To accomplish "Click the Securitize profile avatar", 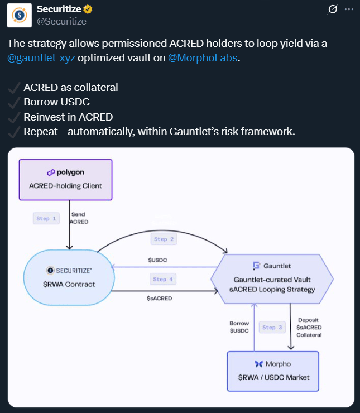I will [x=19, y=15].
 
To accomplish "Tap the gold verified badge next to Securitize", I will [x=88, y=9].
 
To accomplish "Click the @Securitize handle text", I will [x=61, y=21].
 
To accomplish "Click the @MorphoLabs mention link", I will [x=203, y=58].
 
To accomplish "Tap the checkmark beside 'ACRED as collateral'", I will [x=14, y=88].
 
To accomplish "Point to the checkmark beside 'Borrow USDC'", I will [x=14, y=102].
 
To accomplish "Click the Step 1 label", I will [x=46, y=219].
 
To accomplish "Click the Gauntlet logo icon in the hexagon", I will [x=257, y=266].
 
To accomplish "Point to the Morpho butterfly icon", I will [x=259, y=364].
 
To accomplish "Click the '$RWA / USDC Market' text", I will [x=273, y=377].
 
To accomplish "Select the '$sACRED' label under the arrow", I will [x=159, y=298].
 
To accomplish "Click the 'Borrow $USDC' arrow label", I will [x=239, y=327].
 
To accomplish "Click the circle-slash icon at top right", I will [x=333, y=9].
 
